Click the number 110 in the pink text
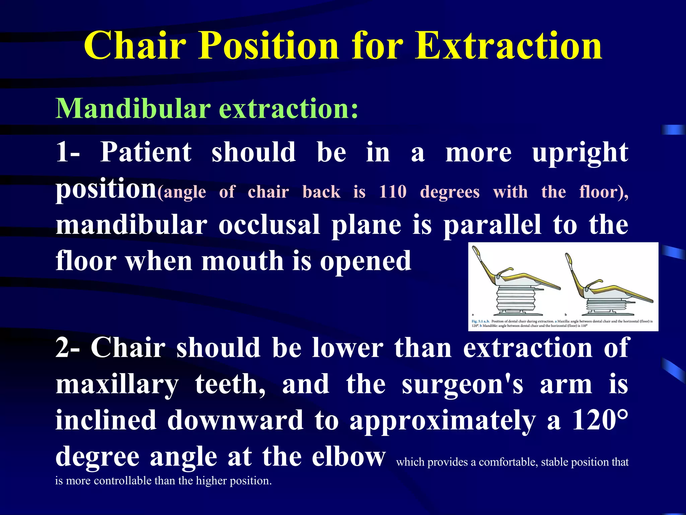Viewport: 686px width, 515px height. tap(393, 192)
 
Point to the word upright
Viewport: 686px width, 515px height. tap(580, 153)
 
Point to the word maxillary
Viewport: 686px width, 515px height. tap(117, 385)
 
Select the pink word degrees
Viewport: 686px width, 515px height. tap(450, 192)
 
